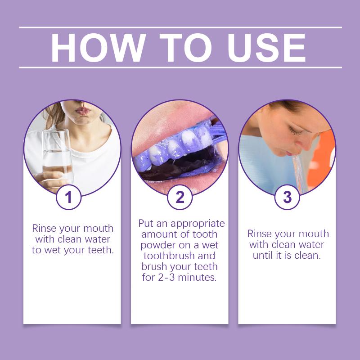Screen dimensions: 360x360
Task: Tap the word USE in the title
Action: point(266,48)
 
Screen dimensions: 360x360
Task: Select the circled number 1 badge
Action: point(69,197)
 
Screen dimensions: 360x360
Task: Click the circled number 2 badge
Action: point(180,197)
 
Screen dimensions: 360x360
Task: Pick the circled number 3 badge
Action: point(287,197)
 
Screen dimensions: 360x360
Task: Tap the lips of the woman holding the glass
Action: point(83,111)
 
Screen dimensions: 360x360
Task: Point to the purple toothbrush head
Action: point(217,133)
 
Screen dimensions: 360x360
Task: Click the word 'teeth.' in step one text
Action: point(101,250)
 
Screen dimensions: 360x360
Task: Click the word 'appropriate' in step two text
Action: point(198,224)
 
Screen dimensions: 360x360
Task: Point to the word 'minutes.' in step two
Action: point(197,277)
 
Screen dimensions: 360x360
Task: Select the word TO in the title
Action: point(186,48)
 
